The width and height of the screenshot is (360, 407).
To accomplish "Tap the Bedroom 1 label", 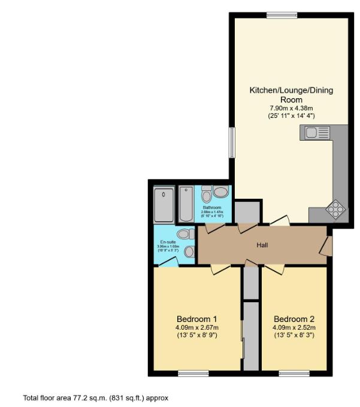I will [x=196, y=318].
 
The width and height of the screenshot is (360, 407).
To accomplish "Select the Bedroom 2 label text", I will [x=294, y=318].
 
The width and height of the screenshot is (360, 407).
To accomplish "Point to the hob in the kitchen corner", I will [x=335, y=209].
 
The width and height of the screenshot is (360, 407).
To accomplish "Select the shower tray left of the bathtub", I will [x=164, y=204].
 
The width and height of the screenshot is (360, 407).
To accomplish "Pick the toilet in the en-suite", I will [x=185, y=233].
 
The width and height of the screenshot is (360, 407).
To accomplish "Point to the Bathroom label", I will [x=211, y=208].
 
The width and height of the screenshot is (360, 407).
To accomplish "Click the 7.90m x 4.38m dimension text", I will [x=291, y=108].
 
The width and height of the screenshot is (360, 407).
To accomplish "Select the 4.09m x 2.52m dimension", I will [x=294, y=327].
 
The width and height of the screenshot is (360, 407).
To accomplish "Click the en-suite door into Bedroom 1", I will [x=170, y=262].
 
